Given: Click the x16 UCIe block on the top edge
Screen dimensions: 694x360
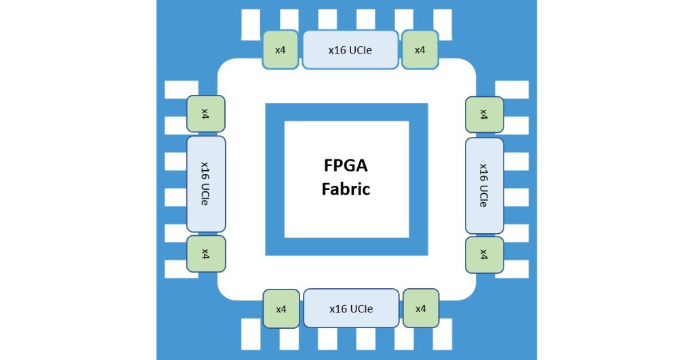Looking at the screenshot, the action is pyautogui.click(x=350, y=49).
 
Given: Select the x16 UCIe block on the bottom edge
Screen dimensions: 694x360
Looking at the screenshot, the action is pyautogui.click(x=351, y=308).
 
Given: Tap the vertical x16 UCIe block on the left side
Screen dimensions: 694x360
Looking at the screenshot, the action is pyautogui.click(x=206, y=184).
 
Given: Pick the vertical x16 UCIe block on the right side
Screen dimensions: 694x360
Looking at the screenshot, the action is pyautogui.click(x=484, y=186).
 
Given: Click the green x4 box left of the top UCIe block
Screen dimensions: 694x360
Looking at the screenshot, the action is pyautogui.click(x=280, y=49).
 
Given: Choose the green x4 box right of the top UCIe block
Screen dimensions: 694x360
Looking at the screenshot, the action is pyautogui.click(x=420, y=49).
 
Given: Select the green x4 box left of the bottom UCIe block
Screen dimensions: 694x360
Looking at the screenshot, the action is pyautogui.click(x=281, y=308).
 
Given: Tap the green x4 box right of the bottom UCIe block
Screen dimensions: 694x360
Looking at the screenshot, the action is pyautogui.click(x=420, y=308).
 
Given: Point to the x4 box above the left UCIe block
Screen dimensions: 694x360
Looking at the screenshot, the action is pyautogui.click(x=205, y=114).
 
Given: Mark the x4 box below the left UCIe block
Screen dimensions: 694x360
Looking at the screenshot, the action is pyautogui.click(x=206, y=254).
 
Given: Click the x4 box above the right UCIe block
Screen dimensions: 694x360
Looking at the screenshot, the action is pyautogui.click(x=484, y=115).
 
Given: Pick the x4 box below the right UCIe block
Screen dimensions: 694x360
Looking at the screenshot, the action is pyautogui.click(x=484, y=255).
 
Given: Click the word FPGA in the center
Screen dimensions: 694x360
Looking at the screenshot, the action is pyautogui.click(x=346, y=165).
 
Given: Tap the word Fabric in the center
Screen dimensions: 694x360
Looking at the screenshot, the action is pyautogui.click(x=346, y=189).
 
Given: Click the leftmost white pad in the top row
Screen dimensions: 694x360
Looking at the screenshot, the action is pyautogui.click(x=251, y=24).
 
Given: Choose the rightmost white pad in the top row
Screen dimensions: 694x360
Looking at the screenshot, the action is pyautogui.click(x=442, y=24).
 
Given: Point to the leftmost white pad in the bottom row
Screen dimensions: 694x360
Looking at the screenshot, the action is pyautogui.click(x=251, y=334).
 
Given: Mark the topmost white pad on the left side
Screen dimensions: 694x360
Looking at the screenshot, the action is pyautogui.click(x=182, y=89).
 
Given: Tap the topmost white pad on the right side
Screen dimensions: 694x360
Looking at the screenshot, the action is pyautogui.click(x=512, y=89).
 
